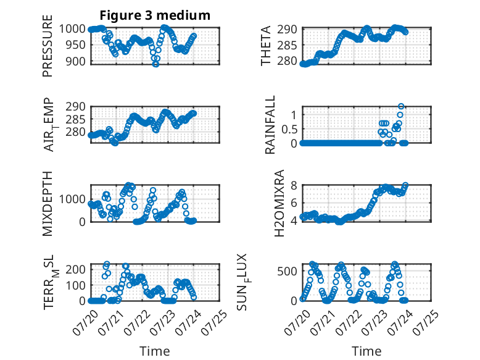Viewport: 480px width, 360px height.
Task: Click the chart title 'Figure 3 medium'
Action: pos(155,15)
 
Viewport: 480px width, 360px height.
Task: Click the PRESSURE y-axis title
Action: pos(48,46)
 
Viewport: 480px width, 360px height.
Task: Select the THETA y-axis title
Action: pos(266,46)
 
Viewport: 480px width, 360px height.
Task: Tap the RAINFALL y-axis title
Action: pos(270,125)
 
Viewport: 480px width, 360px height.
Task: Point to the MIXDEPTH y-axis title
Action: pos(48,204)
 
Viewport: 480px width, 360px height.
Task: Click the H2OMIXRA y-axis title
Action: pos(279,203)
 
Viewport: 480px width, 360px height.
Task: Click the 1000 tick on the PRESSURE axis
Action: pos(72,29)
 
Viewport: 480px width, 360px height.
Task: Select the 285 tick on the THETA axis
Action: pos(287,46)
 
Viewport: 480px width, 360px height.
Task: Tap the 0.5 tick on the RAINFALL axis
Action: pos(289,129)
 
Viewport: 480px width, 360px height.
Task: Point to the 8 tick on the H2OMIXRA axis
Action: pos(294,185)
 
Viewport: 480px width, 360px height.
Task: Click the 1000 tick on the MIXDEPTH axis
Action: pos(72,199)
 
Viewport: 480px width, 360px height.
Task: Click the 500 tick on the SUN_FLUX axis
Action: pos(287,271)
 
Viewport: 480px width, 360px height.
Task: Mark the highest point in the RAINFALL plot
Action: pos(401,106)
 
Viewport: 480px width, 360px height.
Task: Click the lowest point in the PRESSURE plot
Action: pos(156,64)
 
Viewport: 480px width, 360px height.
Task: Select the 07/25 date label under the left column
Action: pos(215,322)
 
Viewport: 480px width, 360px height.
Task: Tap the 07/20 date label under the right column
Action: pos(297,322)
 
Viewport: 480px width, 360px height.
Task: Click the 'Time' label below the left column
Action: pos(155,351)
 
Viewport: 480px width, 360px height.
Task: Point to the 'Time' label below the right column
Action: pos(366,351)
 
